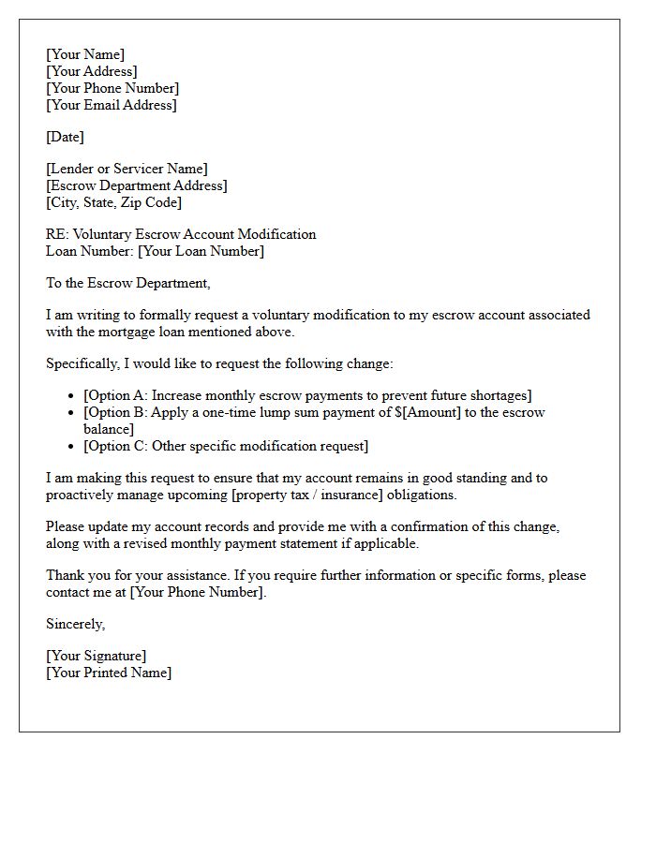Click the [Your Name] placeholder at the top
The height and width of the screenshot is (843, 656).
85,54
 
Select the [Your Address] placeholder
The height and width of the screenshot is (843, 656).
92,71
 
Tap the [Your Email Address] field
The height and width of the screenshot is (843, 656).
112,105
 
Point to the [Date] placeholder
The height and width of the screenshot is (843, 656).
65,137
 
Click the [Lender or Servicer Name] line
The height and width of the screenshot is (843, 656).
127,169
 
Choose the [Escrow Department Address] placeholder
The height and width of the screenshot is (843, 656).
137,185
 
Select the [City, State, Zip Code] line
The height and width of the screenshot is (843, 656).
113,202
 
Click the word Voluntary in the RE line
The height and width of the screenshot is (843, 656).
103,234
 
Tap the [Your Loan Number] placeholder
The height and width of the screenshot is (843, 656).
201,251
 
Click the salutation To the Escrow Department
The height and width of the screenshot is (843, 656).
128,283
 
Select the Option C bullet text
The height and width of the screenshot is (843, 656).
226,446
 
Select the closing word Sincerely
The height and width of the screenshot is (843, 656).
75,624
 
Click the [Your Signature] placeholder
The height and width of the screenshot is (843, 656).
96,656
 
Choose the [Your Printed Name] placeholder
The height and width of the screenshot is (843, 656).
109,673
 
